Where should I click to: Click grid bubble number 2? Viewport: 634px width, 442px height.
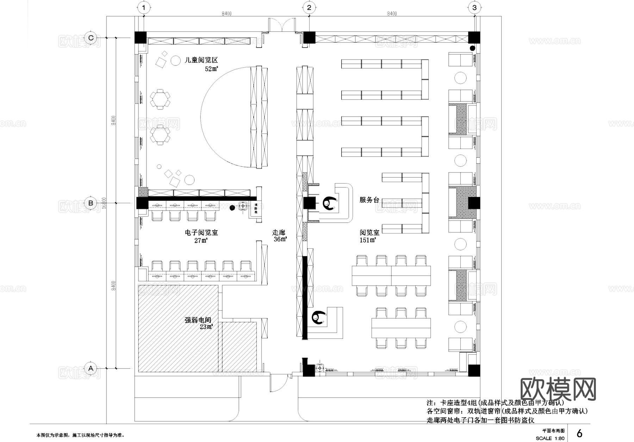pos(309,7)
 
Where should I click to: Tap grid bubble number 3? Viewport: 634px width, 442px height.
pos(474,7)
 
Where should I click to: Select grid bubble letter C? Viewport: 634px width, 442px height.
pos(91,38)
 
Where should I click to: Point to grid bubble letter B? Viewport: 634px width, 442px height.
pos(91,203)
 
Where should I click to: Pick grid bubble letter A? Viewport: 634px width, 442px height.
pos(91,368)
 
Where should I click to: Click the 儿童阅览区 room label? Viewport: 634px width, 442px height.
pos(201,60)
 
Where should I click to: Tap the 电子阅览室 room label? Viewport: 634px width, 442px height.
pos(201,232)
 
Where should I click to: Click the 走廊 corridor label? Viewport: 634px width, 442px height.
pos(279,232)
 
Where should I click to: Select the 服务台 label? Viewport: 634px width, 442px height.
pos(369,200)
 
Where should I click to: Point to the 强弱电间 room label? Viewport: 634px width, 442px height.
pos(198,320)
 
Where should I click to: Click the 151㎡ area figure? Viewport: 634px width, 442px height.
pos(367,240)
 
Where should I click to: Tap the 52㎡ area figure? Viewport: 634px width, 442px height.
pos(211,69)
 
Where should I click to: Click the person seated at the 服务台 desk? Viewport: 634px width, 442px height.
pos(329,203)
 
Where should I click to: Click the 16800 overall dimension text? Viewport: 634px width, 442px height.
pos(104,203)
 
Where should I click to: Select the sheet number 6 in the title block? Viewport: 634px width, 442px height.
pos(579,433)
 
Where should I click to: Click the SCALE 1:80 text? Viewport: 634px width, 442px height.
pos(550,438)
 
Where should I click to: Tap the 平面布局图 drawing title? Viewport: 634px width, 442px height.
pos(553,430)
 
